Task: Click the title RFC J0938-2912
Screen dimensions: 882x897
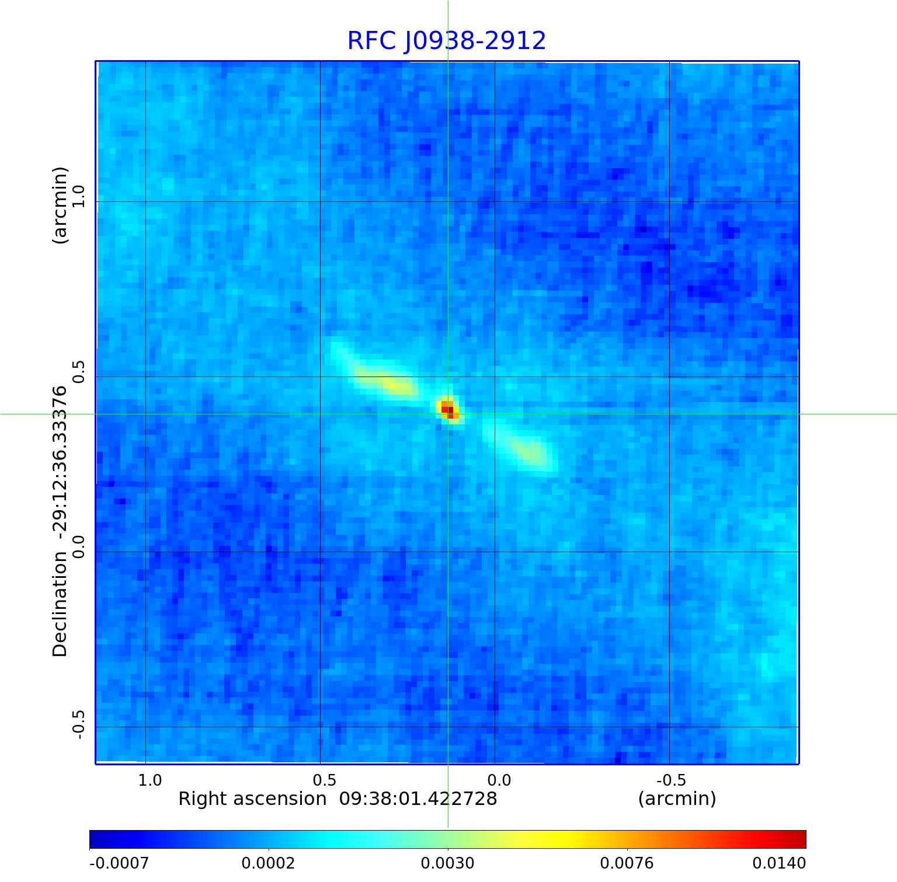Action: [447, 41]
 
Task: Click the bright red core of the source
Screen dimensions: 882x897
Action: [448, 408]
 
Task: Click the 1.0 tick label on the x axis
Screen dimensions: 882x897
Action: [150, 780]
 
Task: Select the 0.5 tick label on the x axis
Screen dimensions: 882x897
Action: [325, 780]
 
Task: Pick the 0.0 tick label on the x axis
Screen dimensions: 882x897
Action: [499, 780]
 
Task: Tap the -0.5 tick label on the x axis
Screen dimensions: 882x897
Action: [671, 780]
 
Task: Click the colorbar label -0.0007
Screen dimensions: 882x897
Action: [119, 863]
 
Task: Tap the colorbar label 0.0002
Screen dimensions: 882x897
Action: [269, 863]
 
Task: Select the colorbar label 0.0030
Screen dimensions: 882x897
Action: [448, 863]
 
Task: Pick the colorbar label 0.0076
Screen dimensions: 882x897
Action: [627, 863]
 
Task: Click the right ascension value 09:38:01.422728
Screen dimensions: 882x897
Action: [418, 799]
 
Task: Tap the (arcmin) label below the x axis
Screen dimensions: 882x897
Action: [677, 799]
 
